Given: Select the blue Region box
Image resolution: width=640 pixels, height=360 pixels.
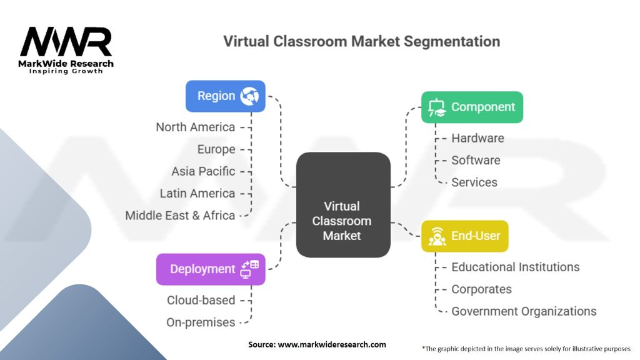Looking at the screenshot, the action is pos(226,96).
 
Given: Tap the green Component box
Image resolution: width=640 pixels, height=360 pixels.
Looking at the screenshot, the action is pos(472,107).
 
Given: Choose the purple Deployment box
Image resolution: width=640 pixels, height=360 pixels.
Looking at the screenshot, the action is pos(211,269).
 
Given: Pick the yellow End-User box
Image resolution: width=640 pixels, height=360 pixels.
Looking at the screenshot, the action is pos(464,236).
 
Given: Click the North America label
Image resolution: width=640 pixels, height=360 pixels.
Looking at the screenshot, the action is pos(196,127).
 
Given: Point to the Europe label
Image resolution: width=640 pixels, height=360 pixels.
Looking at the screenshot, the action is pos(216,149).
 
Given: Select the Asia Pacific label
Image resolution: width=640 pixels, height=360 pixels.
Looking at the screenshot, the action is pos(204,171).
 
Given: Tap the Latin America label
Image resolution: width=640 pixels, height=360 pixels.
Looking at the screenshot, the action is pos(197,193).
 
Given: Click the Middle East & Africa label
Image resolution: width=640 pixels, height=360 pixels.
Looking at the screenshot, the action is pos(180,216).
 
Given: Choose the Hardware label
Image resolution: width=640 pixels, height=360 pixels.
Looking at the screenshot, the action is pos(477,138).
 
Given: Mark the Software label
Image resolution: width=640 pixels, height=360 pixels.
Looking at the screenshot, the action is pos(476,160).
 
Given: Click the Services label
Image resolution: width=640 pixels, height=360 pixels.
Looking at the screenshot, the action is pos(474,182).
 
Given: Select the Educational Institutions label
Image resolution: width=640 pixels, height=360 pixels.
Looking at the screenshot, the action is pos(516,267).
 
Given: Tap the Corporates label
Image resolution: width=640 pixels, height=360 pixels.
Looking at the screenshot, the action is pos(481,289).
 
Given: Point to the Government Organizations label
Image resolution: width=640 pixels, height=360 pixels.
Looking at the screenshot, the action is pos(524,311).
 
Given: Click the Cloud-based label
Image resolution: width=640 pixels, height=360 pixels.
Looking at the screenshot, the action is pos(201,300).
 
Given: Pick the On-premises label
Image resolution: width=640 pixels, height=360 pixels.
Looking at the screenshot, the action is pos(201,322).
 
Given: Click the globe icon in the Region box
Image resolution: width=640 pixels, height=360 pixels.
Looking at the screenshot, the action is pos(250,96).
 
